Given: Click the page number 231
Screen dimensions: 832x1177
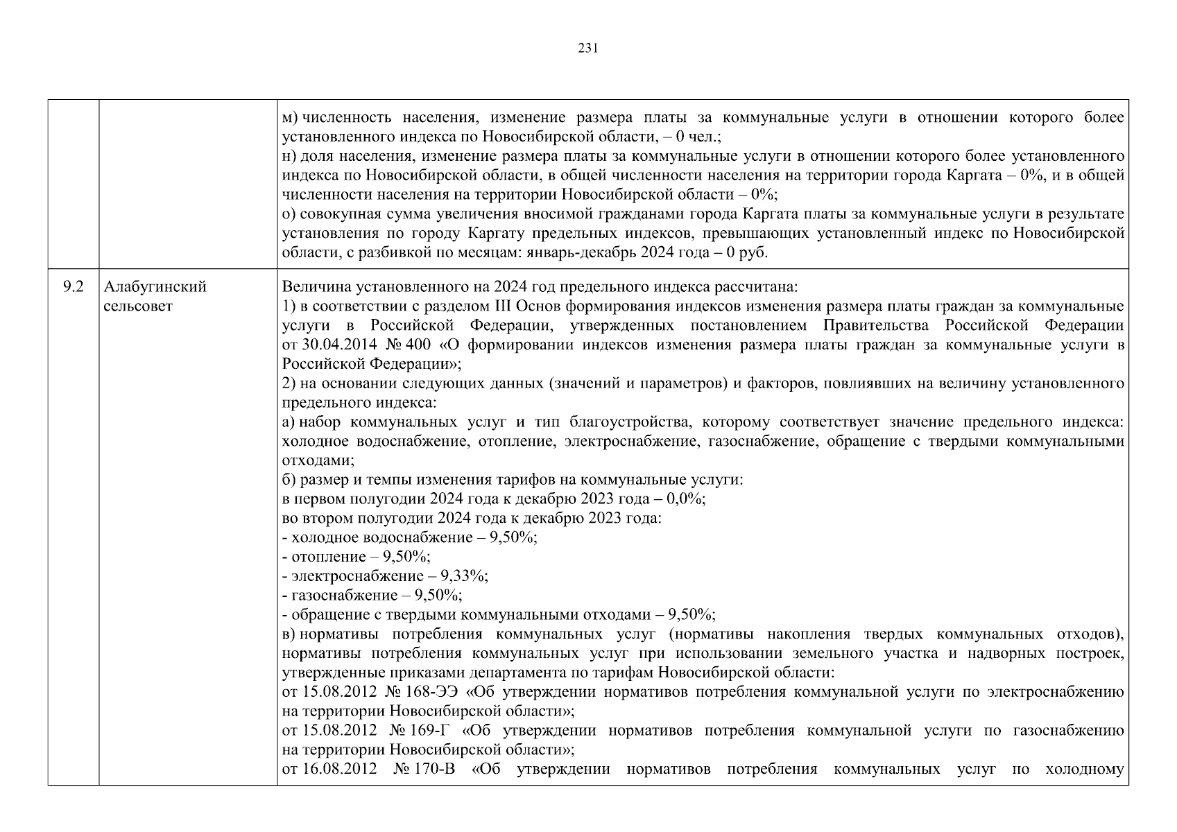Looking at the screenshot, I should (587, 48).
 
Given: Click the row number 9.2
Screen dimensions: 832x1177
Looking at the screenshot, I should (72, 287).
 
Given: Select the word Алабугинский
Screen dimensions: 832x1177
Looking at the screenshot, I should (155, 287).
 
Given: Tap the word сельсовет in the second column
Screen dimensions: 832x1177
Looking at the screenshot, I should (137, 306).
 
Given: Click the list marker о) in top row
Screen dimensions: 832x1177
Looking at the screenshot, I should (289, 214).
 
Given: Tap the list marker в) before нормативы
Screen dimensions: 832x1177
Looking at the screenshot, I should (289, 634).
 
